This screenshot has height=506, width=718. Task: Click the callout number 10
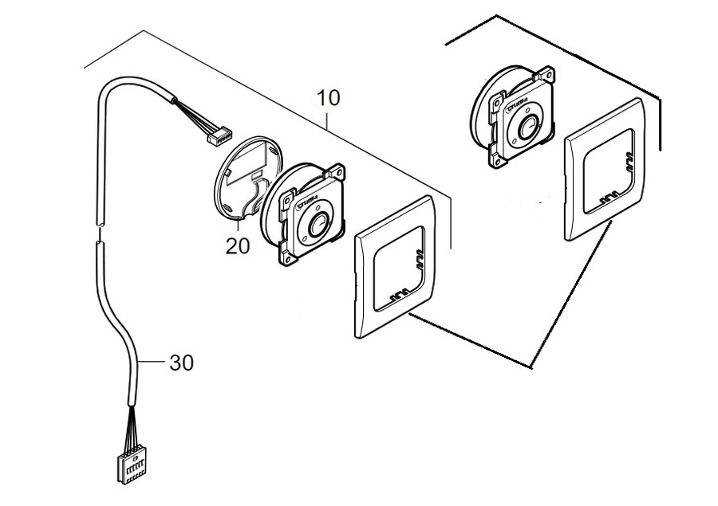(328, 99)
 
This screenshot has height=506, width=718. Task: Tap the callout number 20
(237, 246)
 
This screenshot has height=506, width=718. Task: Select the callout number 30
(181, 363)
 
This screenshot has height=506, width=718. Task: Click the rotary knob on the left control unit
(316, 225)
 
